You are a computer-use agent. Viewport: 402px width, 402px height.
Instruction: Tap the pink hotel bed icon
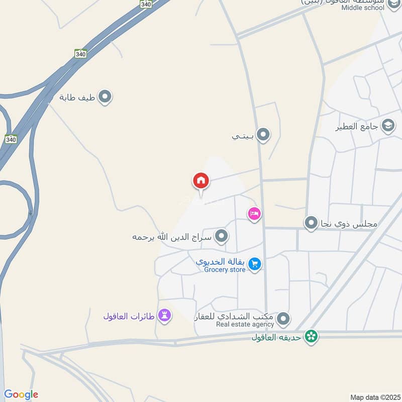pyautogui.click(x=254, y=214)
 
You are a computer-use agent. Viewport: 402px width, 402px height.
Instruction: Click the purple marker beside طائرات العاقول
pyautogui.click(x=164, y=316)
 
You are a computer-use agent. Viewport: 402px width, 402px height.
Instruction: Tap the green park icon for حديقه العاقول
pyautogui.click(x=312, y=337)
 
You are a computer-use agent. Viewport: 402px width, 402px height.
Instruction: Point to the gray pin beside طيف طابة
pyautogui.click(x=105, y=97)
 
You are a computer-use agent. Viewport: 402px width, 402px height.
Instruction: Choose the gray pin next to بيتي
pyautogui.click(x=263, y=135)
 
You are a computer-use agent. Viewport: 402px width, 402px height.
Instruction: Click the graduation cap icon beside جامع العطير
pyautogui.click(x=388, y=126)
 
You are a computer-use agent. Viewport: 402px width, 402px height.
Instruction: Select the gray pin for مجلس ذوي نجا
pyautogui.click(x=312, y=222)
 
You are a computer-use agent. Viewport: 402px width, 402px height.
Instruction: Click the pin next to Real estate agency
pyautogui.click(x=284, y=318)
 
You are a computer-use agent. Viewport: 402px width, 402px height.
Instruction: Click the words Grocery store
pyautogui.click(x=225, y=270)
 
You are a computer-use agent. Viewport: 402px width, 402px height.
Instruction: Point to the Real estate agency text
pyautogui.click(x=245, y=325)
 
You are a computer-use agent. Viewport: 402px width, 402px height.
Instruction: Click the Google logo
pyautogui.click(x=21, y=394)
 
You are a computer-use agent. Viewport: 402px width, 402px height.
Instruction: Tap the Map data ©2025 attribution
pyautogui.click(x=374, y=397)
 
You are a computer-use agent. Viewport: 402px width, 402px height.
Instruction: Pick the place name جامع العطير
pyautogui.click(x=358, y=126)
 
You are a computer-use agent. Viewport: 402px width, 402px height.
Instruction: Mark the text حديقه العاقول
pyautogui.click(x=276, y=337)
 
